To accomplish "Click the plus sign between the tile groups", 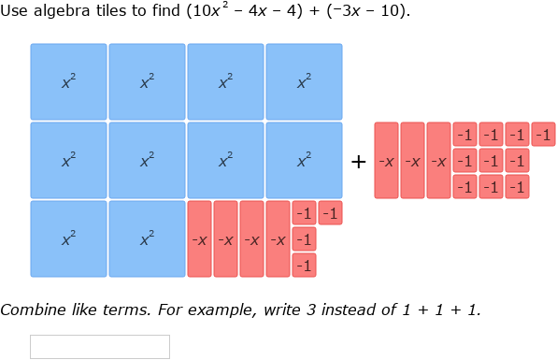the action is coord(358,162).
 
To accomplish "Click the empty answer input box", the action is coord(100,346).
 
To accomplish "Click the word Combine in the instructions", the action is coord(29,310).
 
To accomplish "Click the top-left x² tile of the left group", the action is coord(68,82).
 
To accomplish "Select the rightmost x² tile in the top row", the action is coord(304,82).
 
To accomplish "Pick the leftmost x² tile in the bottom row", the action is coord(68,239).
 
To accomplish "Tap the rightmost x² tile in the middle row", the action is coord(304,161).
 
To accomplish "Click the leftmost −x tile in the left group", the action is coord(199,239).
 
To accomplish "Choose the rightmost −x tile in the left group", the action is coord(278,239).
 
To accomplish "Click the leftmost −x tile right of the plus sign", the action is coord(386,161).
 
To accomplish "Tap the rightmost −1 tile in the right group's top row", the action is coord(543,135).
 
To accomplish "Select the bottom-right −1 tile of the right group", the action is coord(517,187).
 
